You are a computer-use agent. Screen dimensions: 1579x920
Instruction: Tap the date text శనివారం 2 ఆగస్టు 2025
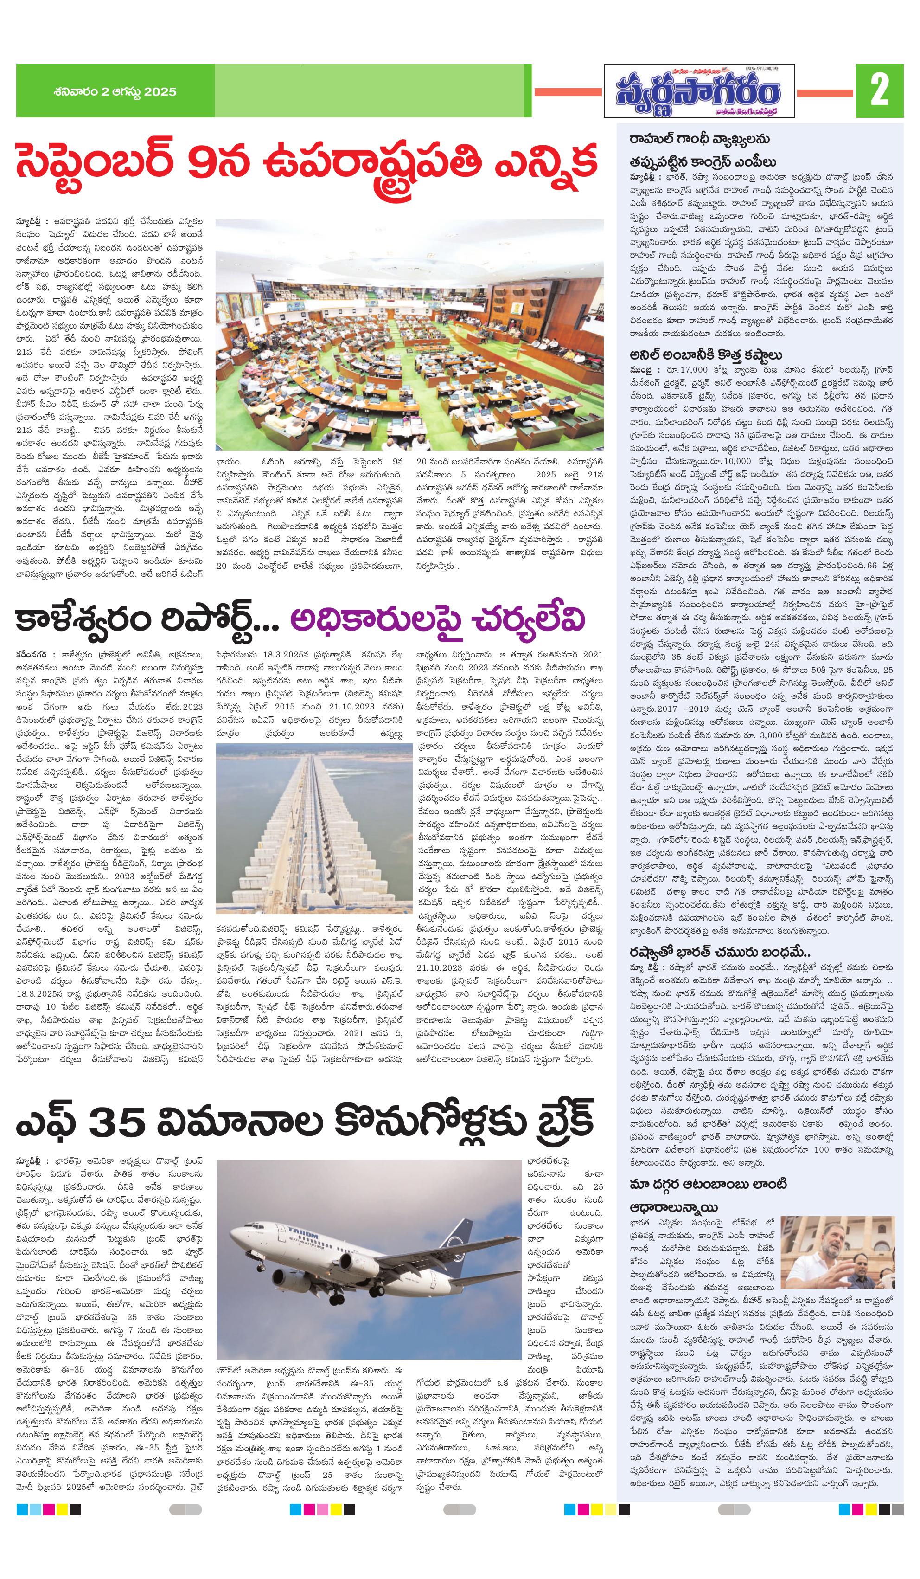click(x=116, y=92)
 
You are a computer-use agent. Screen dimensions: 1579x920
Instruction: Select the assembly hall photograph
click(x=409, y=334)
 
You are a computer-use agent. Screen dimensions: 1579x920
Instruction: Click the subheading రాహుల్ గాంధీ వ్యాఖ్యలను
click(x=700, y=139)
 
